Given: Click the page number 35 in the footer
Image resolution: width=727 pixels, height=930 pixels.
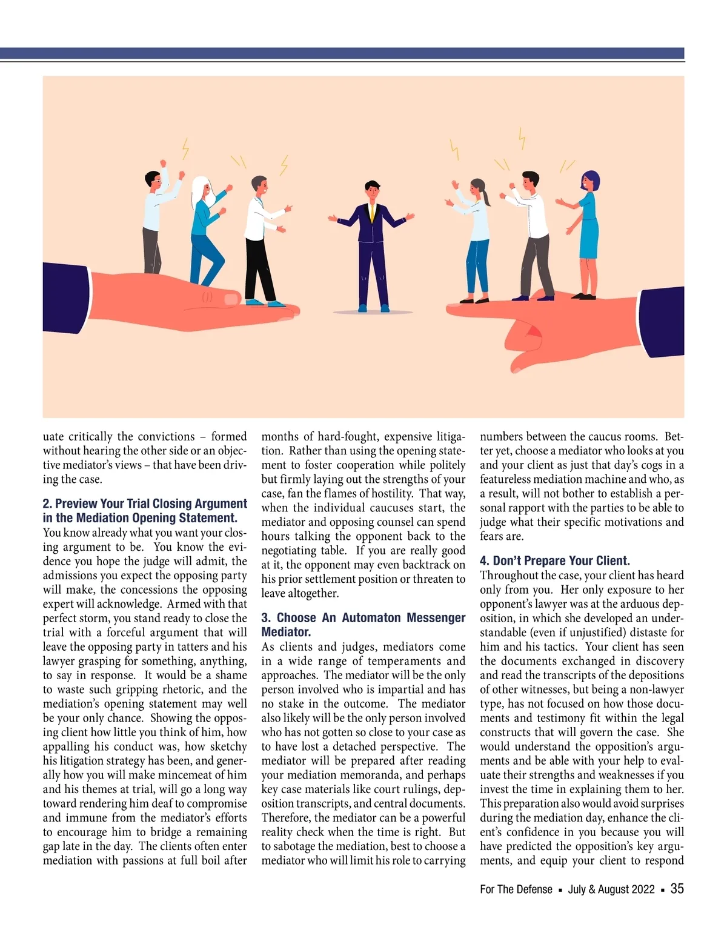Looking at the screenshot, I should coord(677,888).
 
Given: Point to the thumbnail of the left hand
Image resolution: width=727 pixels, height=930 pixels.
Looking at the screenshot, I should coord(230,298).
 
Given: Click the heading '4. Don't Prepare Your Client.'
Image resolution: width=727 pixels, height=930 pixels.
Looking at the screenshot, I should coord(554,560).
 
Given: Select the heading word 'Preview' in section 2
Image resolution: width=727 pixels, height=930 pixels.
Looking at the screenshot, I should coord(79,503).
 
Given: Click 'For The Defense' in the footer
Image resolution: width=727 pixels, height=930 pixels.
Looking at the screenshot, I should coord(516,889).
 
